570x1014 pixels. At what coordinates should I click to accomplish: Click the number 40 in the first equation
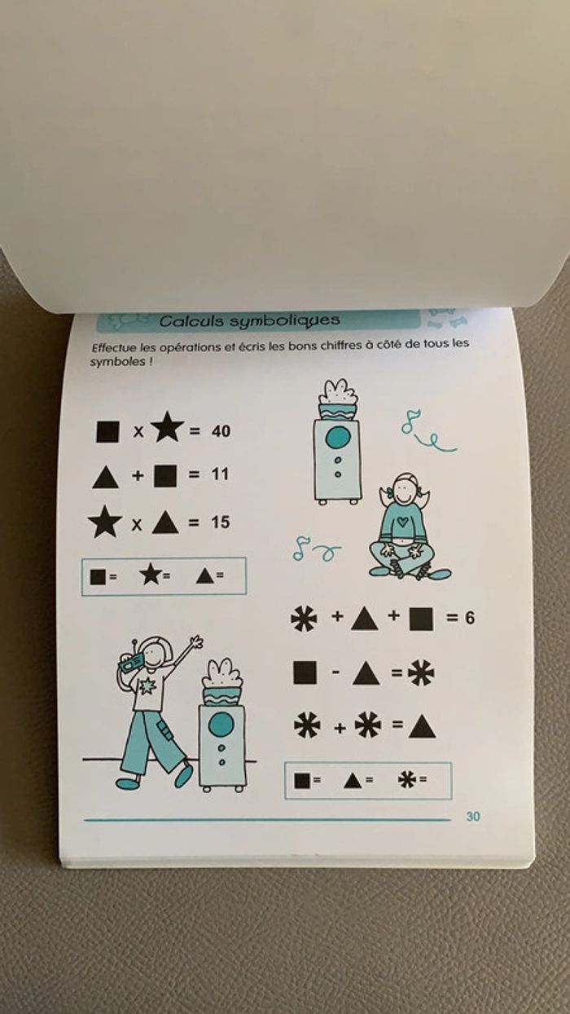pos(221,431)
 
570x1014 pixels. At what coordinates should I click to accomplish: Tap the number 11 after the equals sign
pos(221,474)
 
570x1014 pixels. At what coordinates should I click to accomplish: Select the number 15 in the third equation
pos(221,522)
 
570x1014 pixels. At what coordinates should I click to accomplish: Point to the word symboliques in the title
pos(284,321)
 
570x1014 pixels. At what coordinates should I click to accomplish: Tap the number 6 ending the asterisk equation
pos(470,618)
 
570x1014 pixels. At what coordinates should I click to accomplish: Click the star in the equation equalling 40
pos(168,428)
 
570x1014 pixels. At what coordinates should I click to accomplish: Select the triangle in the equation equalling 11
pos(105,478)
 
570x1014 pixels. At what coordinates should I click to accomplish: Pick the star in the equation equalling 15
pos(105,522)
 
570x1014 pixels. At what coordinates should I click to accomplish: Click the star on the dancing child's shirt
pos(148,686)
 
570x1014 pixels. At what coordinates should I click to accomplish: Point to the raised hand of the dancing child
pos(196,643)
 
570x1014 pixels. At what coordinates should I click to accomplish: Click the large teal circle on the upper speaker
pos(338,437)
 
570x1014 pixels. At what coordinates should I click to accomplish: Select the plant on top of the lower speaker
pos(222,682)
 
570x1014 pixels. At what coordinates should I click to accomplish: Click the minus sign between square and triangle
pos(335,672)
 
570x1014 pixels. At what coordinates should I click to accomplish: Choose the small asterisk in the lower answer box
pos(407,779)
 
